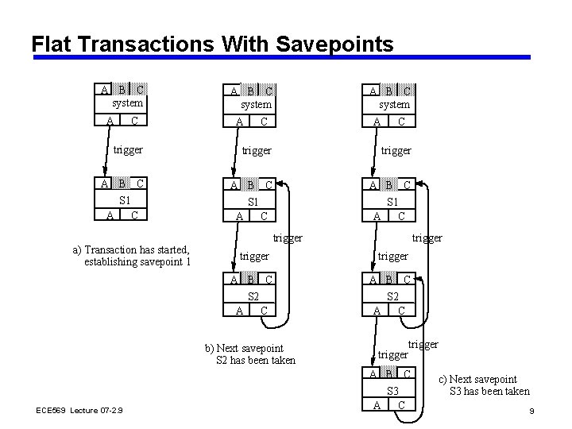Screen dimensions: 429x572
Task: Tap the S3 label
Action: tap(392, 391)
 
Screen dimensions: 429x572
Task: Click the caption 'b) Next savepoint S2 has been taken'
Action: tap(249, 354)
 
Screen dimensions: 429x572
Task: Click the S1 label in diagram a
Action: tap(124, 200)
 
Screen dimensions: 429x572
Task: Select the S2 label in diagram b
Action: tap(253, 296)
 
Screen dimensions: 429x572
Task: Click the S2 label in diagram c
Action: tap(392, 296)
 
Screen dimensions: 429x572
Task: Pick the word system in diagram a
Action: tap(127, 103)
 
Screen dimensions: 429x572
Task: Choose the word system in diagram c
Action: tap(394, 104)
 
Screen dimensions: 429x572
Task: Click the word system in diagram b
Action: tap(256, 104)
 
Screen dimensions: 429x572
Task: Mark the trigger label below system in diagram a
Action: tap(128, 149)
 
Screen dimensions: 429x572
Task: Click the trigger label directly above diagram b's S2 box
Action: tap(254, 256)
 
